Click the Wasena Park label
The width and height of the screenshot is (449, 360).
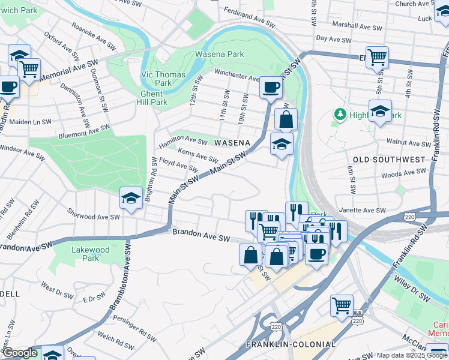coord(219,54)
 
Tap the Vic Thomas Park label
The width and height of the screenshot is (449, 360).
coord(155,79)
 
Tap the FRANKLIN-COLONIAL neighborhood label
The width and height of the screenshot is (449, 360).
coord(291,344)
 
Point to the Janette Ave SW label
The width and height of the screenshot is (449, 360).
coord(363,211)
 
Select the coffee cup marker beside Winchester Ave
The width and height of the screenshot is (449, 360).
coord(270,87)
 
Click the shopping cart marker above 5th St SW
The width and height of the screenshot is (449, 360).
coord(377,57)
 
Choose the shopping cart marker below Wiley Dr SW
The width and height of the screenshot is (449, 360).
coord(341,305)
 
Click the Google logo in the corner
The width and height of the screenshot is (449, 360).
coord(20,353)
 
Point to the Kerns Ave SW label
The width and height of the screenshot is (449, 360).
coord(197,155)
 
